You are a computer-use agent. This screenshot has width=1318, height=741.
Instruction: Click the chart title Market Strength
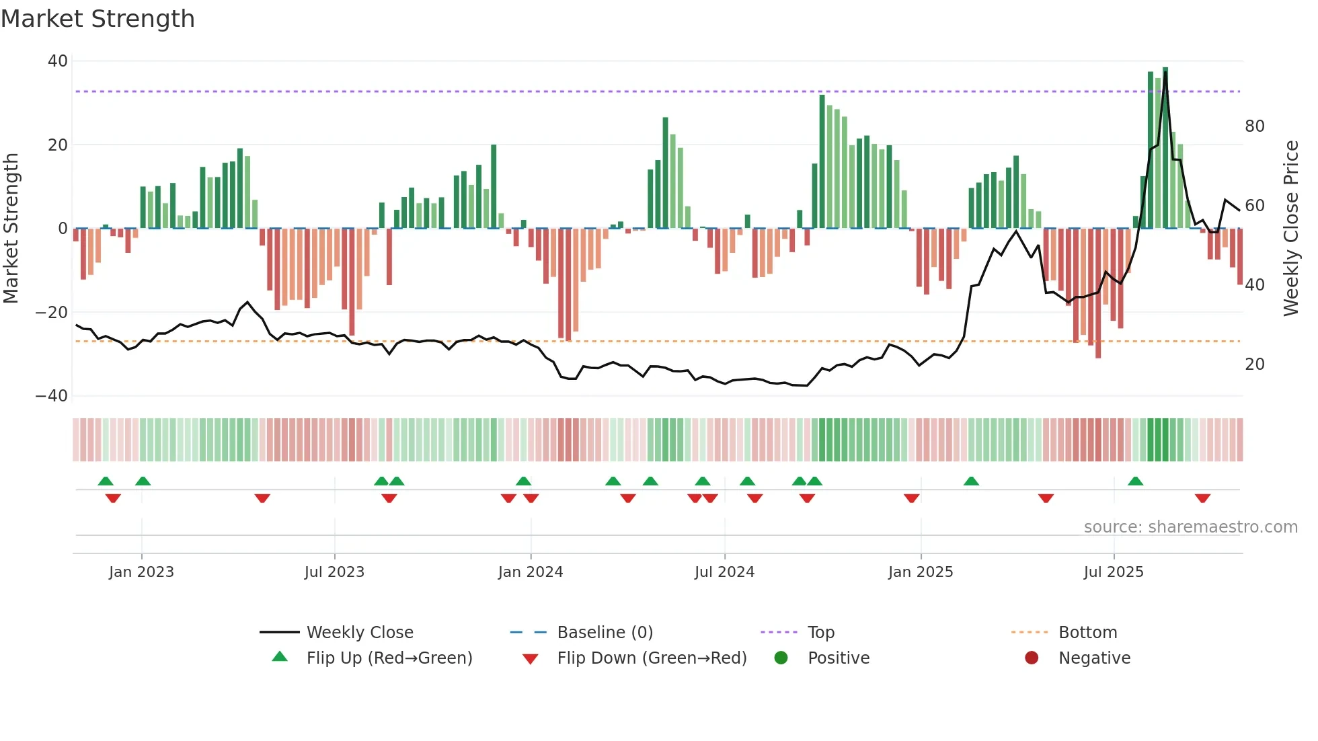tap(98, 19)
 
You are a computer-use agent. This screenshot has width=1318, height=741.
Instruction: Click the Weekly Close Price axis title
tap(1291, 228)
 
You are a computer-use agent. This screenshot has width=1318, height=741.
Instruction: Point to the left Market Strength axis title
tap(11, 228)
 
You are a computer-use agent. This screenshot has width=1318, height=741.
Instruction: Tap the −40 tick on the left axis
tap(52, 396)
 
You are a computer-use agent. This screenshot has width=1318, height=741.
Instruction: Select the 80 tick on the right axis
tap(1254, 126)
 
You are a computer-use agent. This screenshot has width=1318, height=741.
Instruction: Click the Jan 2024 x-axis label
tap(531, 572)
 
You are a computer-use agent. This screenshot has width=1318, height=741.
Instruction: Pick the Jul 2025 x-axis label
tap(1114, 572)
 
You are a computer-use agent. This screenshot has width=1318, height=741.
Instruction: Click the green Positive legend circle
tap(781, 658)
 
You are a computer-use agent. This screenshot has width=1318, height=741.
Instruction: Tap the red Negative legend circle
tap(1032, 658)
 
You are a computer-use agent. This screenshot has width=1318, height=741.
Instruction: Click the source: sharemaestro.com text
tap(1190, 527)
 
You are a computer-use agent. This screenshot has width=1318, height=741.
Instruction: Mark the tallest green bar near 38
tap(1165, 148)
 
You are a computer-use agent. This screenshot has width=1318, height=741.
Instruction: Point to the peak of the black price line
tap(1166, 73)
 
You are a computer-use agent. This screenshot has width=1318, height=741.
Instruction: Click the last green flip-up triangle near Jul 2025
tap(1136, 481)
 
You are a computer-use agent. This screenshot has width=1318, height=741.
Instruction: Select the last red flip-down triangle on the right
tap(1203, 498)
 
